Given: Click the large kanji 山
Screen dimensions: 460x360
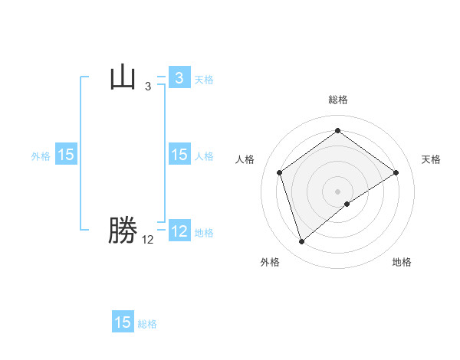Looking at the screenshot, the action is [x=123, y=77].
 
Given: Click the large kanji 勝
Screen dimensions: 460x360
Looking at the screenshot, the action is [x=123, y=231].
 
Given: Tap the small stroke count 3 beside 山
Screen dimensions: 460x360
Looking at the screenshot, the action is [x=148, y=87].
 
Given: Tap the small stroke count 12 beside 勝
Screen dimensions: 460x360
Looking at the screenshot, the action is [x=148, y=240].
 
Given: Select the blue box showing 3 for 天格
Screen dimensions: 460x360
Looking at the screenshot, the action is [x=179, y=78].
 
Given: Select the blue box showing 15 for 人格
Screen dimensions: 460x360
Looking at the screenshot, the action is [x=179, y=155].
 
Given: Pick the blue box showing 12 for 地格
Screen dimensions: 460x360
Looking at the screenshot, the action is [x=179, y=231].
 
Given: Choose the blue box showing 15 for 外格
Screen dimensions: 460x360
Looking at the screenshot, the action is [x=66, y=155].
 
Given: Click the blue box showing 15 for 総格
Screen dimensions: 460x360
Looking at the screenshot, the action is [x=123, y=322].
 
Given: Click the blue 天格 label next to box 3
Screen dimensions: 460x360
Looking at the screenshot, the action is [x=204, y=79].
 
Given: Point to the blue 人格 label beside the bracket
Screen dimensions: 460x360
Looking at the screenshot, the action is [x=204, y=155].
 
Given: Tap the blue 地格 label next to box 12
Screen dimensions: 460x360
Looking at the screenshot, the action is [x=204, y=233].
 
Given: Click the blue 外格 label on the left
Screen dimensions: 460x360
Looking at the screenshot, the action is [x=41, y=155].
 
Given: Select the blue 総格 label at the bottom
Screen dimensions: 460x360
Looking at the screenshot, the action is [x=147, y=324].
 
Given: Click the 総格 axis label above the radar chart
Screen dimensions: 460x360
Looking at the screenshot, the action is [x=338, y=100].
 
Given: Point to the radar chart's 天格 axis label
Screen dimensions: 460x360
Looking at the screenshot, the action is [x=431, y=159].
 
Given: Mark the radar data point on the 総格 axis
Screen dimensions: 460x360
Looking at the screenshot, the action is [x=338, y=131].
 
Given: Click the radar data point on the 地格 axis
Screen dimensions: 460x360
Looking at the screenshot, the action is [x=347, y=204].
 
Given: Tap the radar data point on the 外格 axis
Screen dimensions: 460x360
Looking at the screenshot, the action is [x=301, y=242].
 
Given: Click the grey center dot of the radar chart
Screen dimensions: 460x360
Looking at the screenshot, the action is [x=338, y=191].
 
